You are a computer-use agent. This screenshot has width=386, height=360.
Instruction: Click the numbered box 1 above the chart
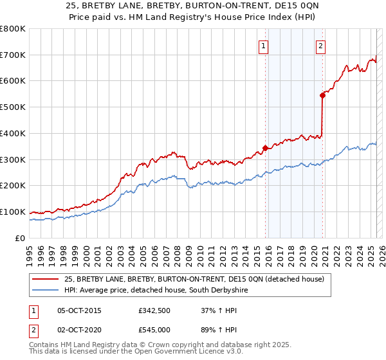pyautogui.click(x=264, y=46)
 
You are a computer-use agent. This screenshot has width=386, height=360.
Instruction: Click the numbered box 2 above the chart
pyautogui.click(x=320, y=46)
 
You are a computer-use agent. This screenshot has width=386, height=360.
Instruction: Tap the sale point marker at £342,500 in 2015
pyautogui.click(x=265, y=148)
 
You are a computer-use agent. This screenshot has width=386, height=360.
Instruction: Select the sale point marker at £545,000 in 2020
pyautogui.click(x=322, y=94)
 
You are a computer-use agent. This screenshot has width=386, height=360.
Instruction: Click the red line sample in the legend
pyautogui.click(x=46, y=279)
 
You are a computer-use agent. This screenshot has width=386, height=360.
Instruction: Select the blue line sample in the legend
pyautogui.click(x=46, y=290)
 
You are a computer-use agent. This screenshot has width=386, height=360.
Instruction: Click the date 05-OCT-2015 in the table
pyautogui.click(x=79, y=310)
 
